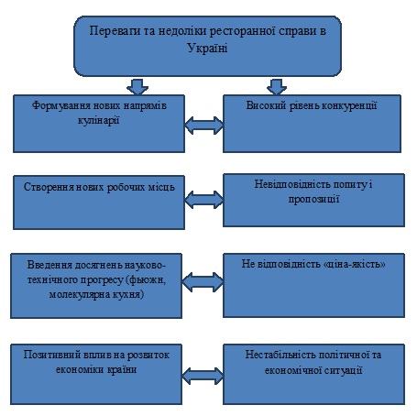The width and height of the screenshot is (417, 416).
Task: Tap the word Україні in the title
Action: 207,49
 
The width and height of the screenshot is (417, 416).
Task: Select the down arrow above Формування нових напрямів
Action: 137,87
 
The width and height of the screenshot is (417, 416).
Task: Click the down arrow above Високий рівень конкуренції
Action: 277,87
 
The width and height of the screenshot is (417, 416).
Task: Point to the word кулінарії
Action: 99,120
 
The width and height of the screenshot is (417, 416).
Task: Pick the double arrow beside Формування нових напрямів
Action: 204,126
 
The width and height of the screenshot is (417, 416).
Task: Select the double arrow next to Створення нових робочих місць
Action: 204,200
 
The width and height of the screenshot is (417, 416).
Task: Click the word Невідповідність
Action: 292,184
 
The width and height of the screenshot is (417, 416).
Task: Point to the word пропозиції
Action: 313,200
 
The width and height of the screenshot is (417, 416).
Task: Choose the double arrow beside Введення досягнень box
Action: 203,282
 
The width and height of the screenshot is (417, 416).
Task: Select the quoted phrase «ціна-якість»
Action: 355,264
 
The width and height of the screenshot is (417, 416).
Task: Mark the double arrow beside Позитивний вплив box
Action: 203,376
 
